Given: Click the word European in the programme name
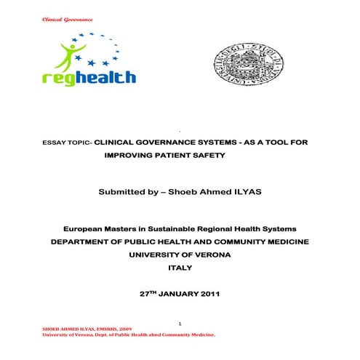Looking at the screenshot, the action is tap(87, 229).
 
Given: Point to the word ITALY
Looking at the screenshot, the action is tap(179, 268).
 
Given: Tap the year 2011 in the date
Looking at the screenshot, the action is tap(207, 295).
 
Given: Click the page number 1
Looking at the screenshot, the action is tap(179, 323).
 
